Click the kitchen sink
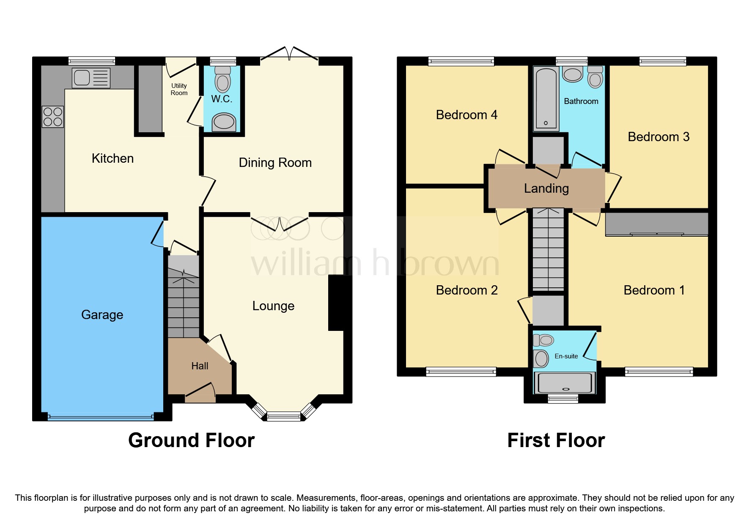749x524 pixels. (91, 78)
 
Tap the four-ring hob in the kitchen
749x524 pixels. (53, 117)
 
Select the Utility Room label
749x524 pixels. (179, 89)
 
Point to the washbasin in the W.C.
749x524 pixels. (224, 122)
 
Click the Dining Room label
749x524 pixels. (275, 163)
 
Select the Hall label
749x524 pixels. (200, 366)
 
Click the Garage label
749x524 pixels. (102, 315)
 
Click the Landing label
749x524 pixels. (546, 188)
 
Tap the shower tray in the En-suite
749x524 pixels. (565, 383)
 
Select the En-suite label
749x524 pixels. (566, 356)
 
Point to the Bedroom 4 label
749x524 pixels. (466, 115)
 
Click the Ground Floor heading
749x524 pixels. (191, 440)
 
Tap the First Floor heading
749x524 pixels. (556, 440)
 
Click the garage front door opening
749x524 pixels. (101, 417)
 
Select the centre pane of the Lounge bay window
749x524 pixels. (284, 417)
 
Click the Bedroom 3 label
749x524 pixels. (658, 137)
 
